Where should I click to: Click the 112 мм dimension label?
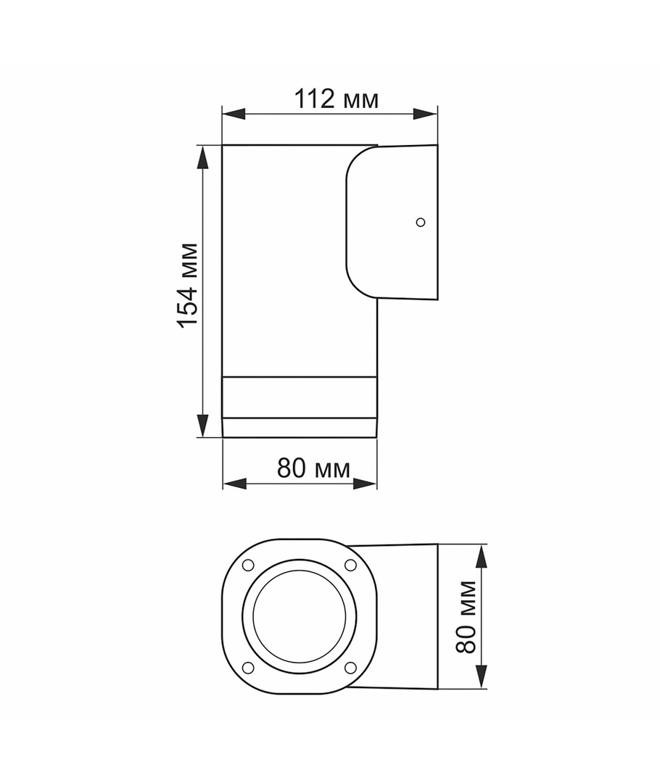click(x=337, y=99)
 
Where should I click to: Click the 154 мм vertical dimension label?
click(x=188, y=285)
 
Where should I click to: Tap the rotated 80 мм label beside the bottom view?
click(x=466, y=617)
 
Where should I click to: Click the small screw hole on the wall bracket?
click(x=421, y=223)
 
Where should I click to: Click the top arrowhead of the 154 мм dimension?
click(x=202, y=157)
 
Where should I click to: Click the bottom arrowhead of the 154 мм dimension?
click(x=202, y=426)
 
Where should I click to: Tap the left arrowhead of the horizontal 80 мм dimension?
click(x=235, y=484)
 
